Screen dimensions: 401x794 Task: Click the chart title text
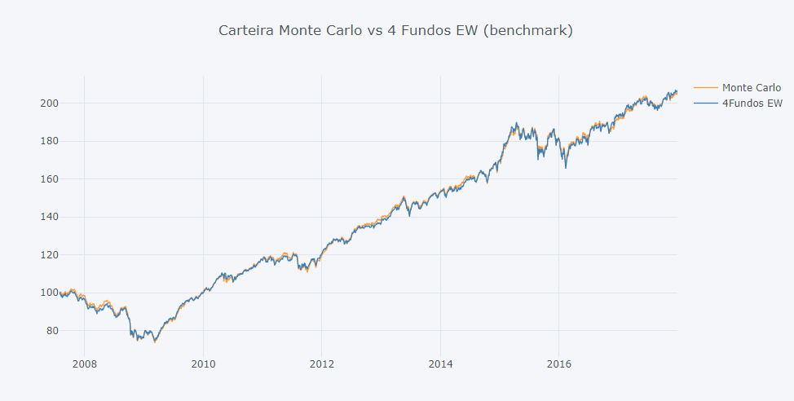pos(396,31)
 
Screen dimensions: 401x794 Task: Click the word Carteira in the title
pos(246,31)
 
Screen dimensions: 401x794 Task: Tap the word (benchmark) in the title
pos(532,31)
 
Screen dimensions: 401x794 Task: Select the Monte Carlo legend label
pos(751,87)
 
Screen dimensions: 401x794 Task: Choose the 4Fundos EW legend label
pos(752,104)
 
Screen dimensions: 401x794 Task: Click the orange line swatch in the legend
pos(706,87)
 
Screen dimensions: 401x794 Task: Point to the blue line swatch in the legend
pos(706,104)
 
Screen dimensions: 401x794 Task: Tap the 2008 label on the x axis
pos(85,364)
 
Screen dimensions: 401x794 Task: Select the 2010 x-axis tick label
pos(203,364)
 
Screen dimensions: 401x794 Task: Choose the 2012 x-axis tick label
pos(322,364)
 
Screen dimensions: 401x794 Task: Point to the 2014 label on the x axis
pos(440,364)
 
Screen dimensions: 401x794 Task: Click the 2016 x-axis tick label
pos(558,364)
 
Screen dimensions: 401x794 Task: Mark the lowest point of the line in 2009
pos(155,342)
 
